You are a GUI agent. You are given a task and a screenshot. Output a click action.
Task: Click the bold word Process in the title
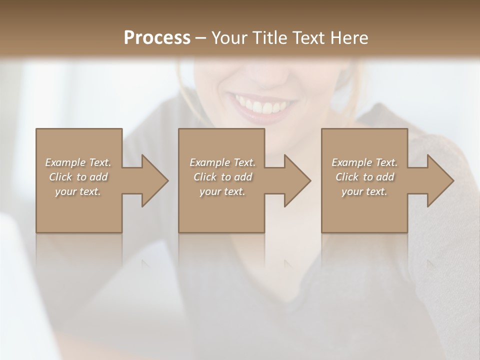click(x=157, y=37)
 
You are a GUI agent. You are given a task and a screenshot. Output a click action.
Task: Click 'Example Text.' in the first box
click(x=78, y=162)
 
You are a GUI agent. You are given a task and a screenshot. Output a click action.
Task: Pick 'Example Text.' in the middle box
click(x=222, y=162)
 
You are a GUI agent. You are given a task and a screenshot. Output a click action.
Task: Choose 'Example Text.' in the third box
click(x=364, y=162)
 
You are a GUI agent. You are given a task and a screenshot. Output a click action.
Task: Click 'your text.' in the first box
click(x=78, y=191)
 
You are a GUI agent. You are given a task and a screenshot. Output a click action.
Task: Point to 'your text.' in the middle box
click(x=222, y=191)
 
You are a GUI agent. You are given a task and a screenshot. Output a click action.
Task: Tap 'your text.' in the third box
click(x=364, y=191)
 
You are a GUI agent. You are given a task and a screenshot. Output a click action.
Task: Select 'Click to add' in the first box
click(x=78, y=177)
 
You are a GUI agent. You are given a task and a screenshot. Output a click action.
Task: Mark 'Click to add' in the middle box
click(x=222, y=177)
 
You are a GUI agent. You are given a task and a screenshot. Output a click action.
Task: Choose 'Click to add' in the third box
click(x=364, y=177)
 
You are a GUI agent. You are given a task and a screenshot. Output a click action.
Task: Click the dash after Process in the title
click(x=200, y=38)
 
